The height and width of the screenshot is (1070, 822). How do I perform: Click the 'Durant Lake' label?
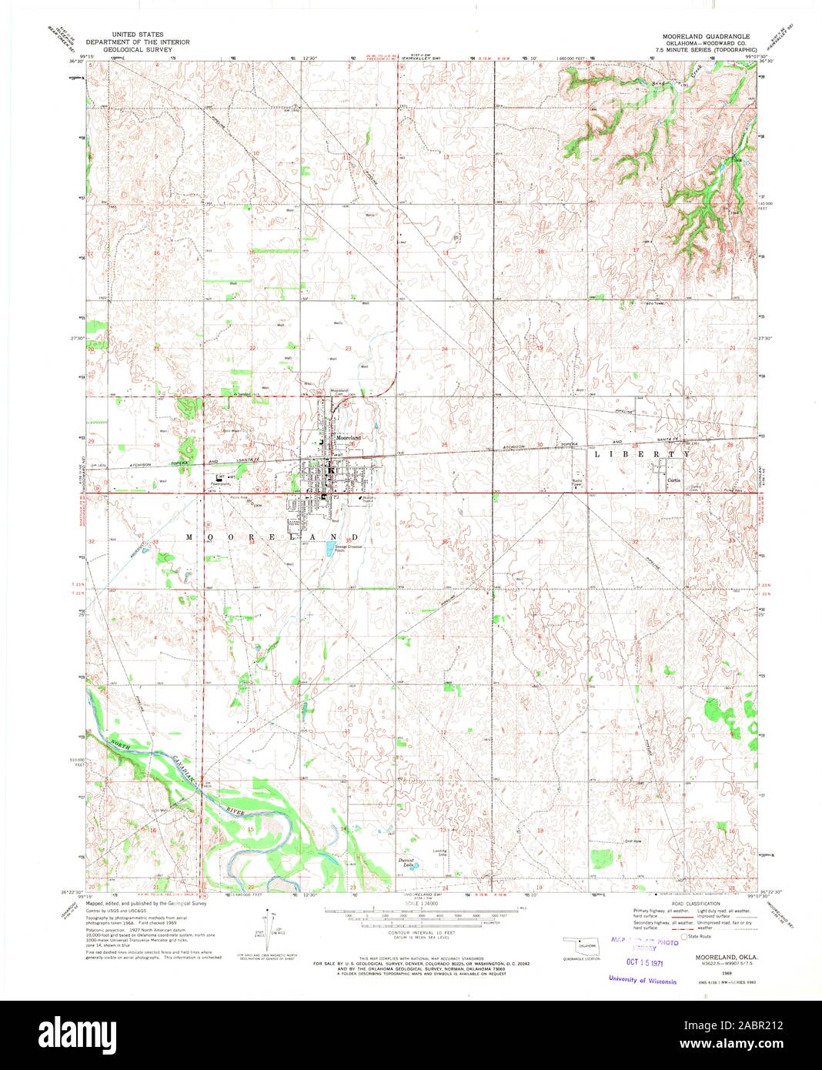pos(406,864)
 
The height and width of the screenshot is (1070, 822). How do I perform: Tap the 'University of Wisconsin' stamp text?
pos(642,981)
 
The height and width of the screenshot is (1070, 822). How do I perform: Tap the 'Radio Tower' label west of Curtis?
pos(577,483)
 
